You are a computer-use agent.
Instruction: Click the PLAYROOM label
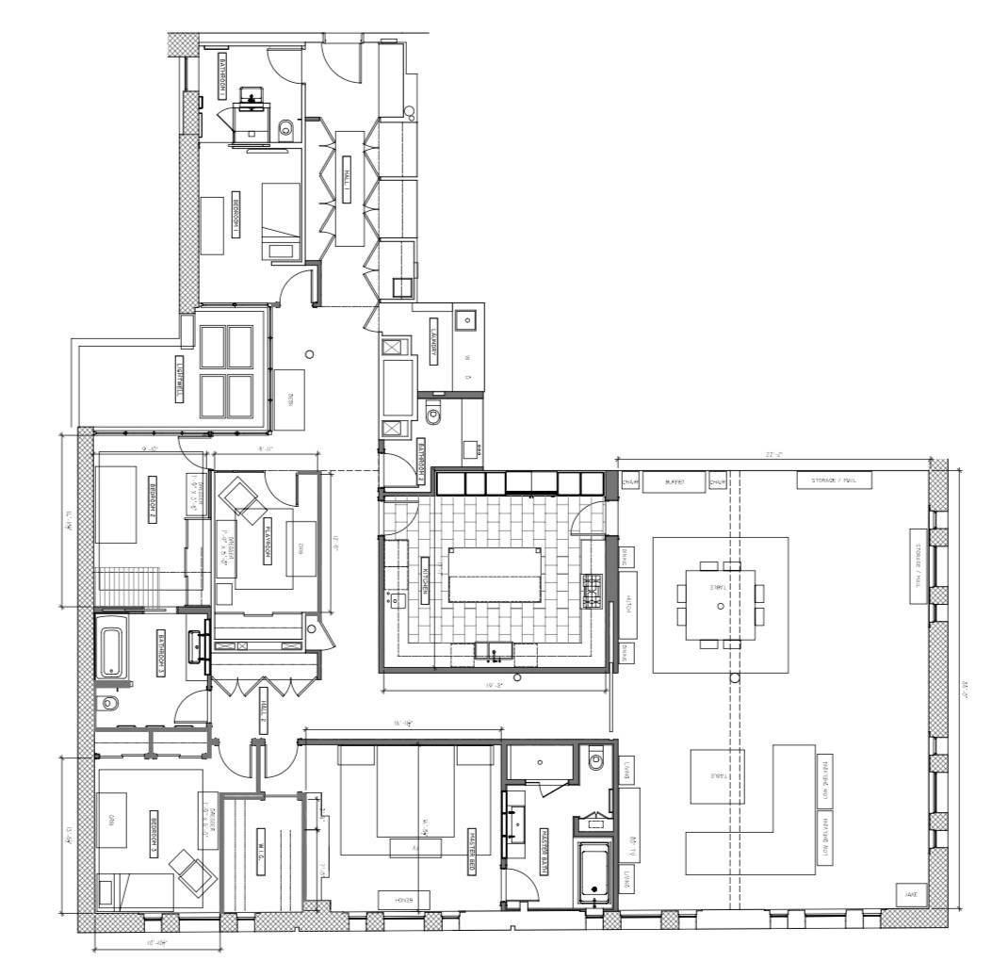tap(268, 536)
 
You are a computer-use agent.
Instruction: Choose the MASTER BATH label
tap(544, 851)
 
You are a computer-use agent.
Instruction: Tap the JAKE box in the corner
tap(910, 894)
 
